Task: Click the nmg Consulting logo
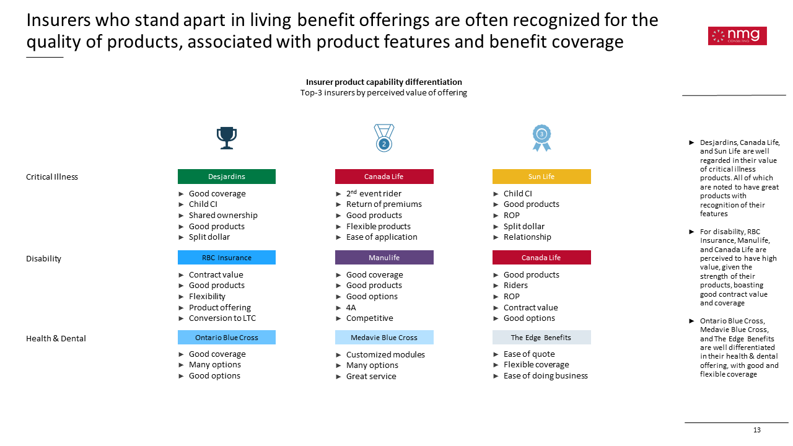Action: pyautogui.click(x=737, y=36)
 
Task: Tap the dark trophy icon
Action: pyautogui.click(x=227, y=138)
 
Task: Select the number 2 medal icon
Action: pyautogui.click(x=384, y=138)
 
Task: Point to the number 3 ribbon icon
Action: pyautogui.click(x=541, y=138)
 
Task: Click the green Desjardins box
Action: pyautogui.click(x=227, y=177)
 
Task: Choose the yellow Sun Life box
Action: pyautogui.click(x=541, y=177)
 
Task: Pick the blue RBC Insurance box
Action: pyautogui.click(x=227, y=257)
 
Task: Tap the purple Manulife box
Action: pyautogui.click(x=384, y=257)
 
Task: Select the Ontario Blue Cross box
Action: pyautogui.click(x=227, y=338)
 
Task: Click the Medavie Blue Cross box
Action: pyautogui.click(x=384, y=338)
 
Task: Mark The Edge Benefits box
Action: pyautogui.click(x=541, y=338)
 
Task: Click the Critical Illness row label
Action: pyautogui.click(x=52, y=177)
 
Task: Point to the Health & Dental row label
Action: pyautogui.click(x=56, y=338)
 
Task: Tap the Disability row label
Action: pyautogui.click(x=43, y=259)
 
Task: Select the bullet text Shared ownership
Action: pyautogui.click(x=223, y=215)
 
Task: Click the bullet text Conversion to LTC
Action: pyautogui.click(x=222, y=318)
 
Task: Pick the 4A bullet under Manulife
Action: pyautogui.click(x=351, y=307)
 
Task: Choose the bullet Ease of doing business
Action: pyautogui.click(x=546, y=375)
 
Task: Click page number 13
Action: pyautogui.click(x=757, y=430)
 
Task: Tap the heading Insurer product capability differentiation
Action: pyautogui.click(x=383, y=82)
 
